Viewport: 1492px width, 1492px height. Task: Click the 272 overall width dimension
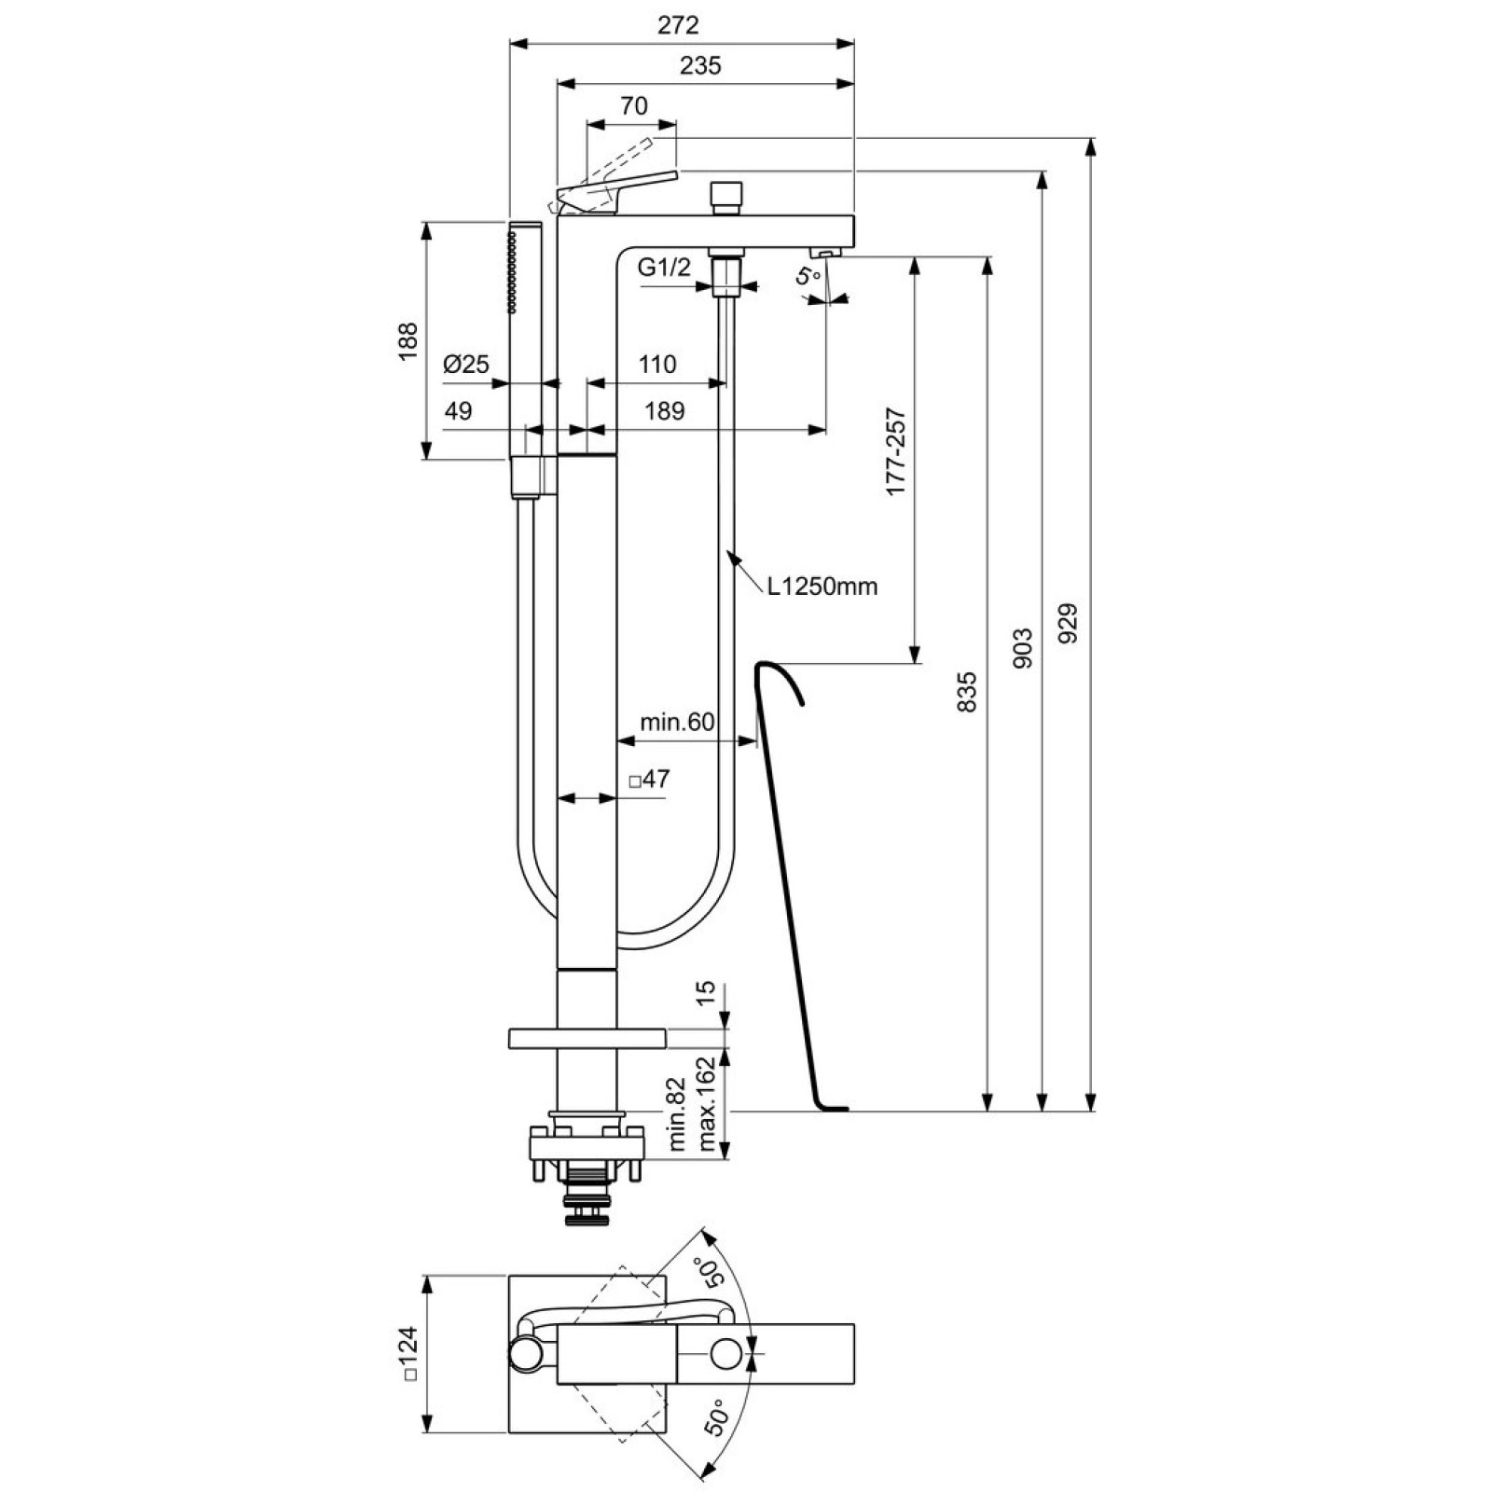(x=678, y=24)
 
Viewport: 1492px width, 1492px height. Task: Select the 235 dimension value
(x=700, y=65)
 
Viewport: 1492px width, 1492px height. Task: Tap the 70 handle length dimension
(x=633, y=106)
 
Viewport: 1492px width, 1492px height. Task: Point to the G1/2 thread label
(x=664, y=268)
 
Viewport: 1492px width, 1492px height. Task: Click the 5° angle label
(x=808, y=276)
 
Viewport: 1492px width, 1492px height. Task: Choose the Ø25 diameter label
(x=466, y=364)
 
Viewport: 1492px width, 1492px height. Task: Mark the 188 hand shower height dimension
(x=408, y=341)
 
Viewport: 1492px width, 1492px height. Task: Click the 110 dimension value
(x=657, y=364)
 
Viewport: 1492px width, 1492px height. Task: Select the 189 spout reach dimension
(x=664, y=410)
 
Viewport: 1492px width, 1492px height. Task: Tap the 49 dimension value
(x=458, y=410)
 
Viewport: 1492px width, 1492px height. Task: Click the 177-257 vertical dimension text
(x=895, y=451)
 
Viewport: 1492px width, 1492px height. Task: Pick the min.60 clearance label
(x=677, y=722)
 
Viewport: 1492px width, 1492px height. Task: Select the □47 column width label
(x=649, y=779)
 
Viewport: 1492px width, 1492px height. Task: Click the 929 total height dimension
(x=1069, y=623)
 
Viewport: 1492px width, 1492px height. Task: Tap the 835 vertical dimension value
(x=967, y=692)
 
